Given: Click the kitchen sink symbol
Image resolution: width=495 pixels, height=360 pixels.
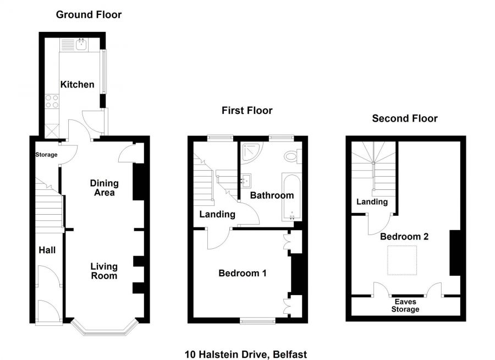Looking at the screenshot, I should [x=80, y=44].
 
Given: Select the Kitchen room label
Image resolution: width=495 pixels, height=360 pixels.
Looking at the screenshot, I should [x=77, y=85].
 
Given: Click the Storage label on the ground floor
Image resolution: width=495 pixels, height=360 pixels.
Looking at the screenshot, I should [x=46, y=155].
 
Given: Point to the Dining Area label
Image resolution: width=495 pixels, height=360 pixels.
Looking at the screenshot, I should [x=103, y=188].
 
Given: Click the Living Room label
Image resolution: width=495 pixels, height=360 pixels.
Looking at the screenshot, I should [x=104, y=271].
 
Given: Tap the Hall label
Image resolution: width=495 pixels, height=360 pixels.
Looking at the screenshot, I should [x=47, y=250].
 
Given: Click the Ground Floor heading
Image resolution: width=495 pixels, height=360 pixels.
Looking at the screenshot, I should [x=89, y=15].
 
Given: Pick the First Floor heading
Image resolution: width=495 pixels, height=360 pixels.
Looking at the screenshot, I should [x=247, y=111].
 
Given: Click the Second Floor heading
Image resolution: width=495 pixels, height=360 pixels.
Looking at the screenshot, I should [x=405, y=118].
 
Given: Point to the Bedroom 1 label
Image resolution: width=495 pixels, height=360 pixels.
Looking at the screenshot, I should [x=243, y=273].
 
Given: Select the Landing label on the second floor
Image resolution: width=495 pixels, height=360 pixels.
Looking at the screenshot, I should [x=372, y=202].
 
